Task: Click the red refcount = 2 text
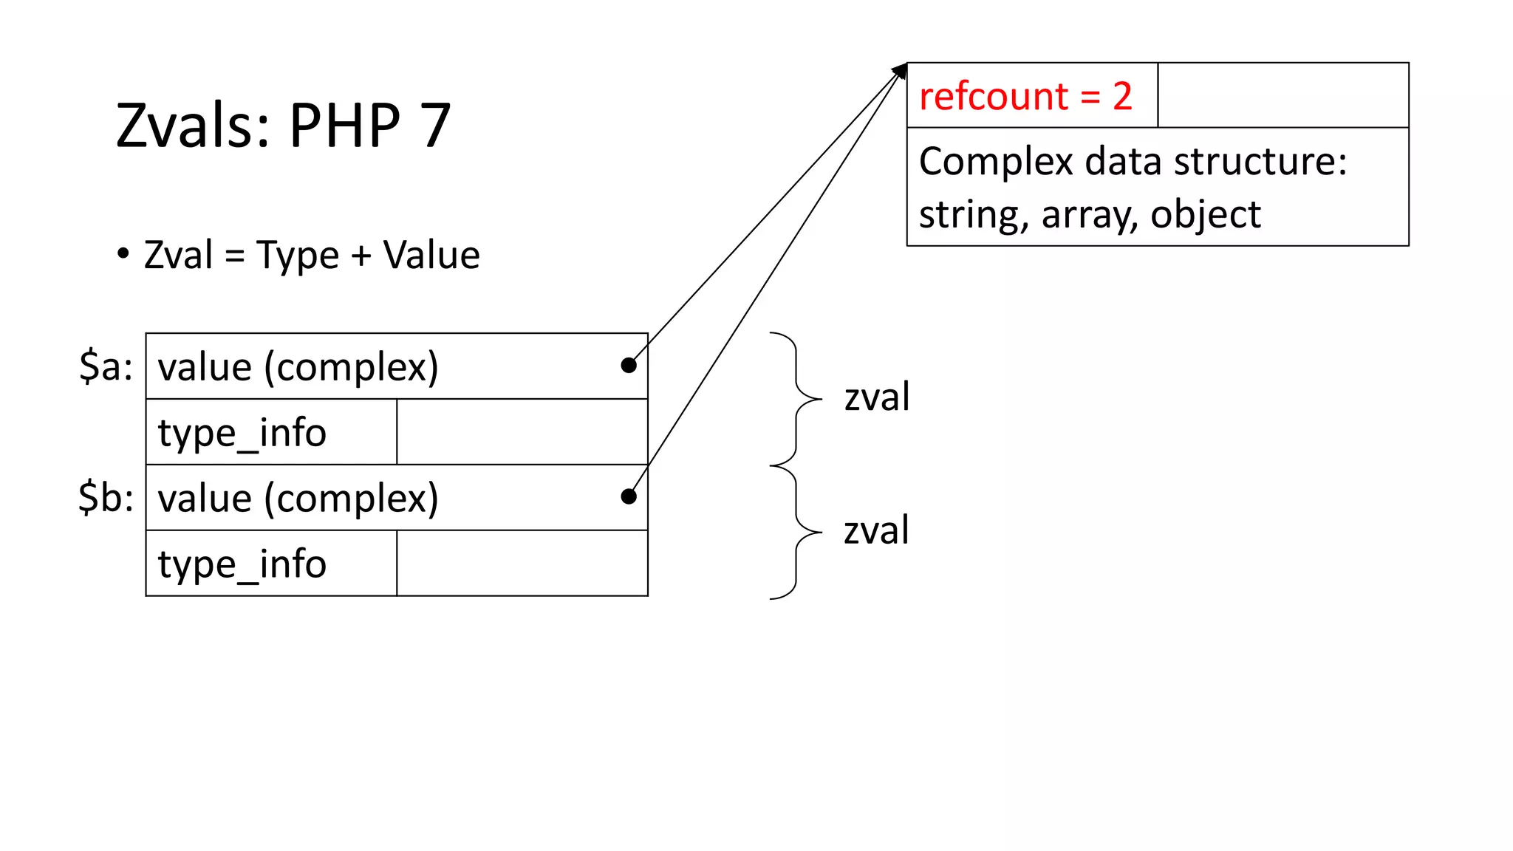[1025, 97]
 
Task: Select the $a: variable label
[106, 366]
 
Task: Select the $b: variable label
[106, 497]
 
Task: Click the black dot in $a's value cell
[629, 365]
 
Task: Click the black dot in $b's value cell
[629, 496]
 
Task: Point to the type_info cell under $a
[242, 433]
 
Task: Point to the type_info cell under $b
[242, 564]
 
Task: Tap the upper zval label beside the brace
[876, 397]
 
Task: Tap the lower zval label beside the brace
[876, 531]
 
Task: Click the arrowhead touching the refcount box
[900, 70]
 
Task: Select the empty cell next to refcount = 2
[1283, 95]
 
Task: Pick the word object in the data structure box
[1205, 215]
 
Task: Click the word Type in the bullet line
[298, 256]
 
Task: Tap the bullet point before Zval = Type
[123, 253]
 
